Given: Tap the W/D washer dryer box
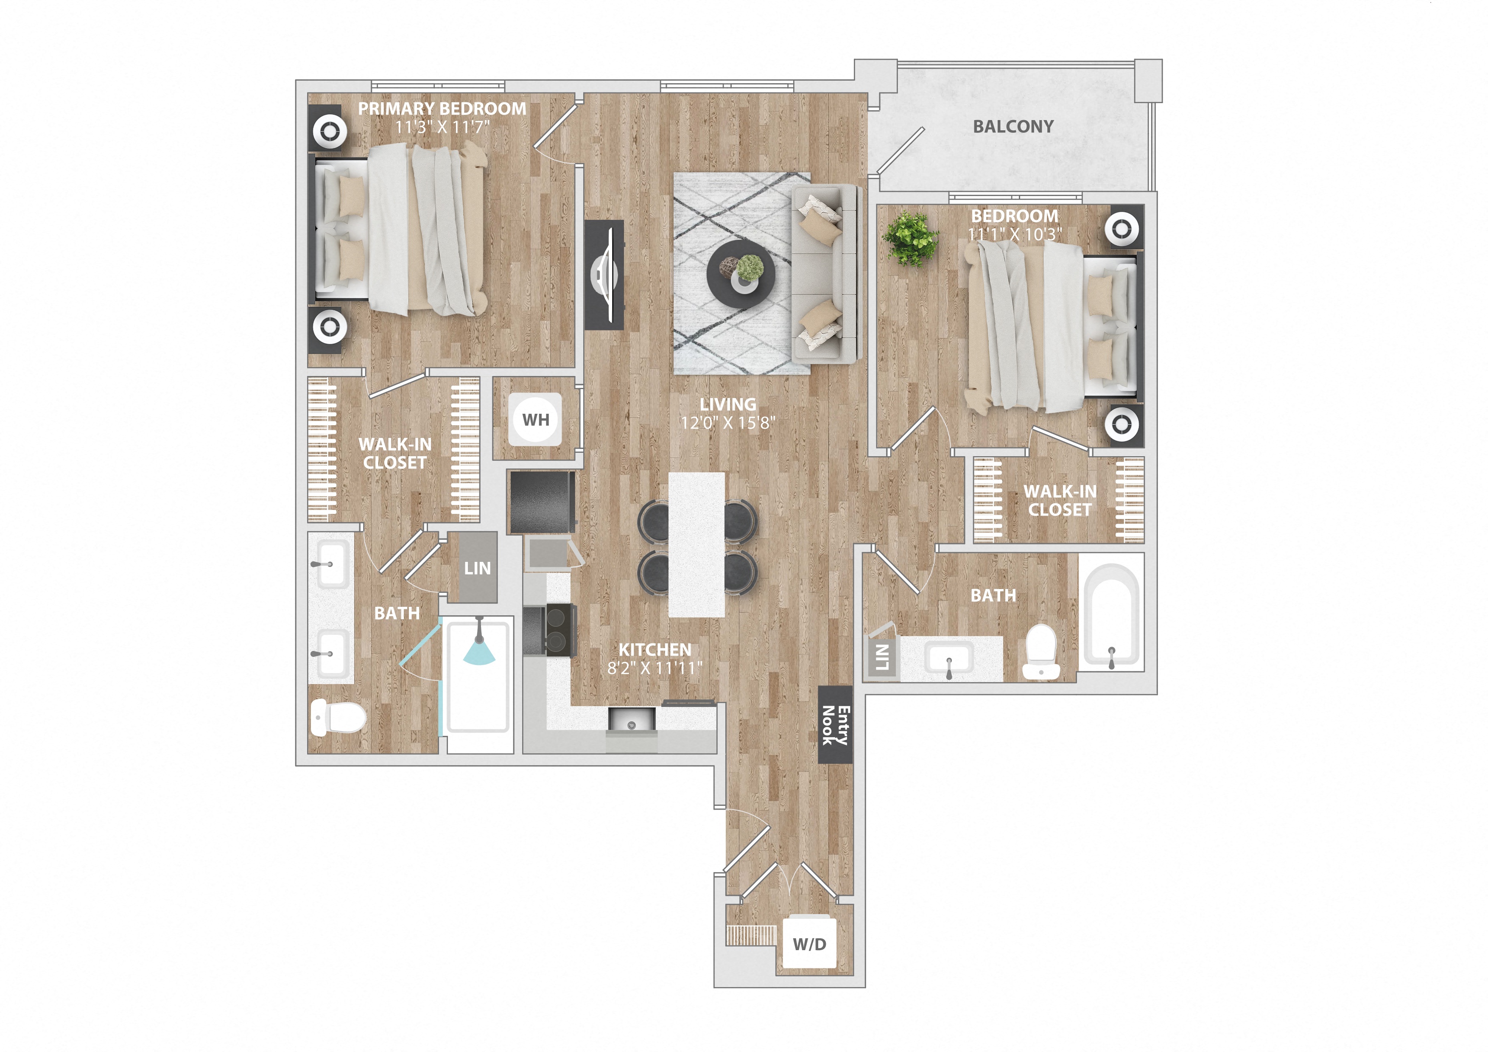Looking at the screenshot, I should click(x=809, y=944).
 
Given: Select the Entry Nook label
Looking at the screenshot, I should click(x=835, y=725).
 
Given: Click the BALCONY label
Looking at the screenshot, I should click(x=1013, y=126).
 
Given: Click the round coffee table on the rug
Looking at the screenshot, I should click(x=741, y=274).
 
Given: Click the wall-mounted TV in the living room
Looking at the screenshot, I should click(x=604, y=275).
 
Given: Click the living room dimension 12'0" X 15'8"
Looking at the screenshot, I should click(x=728, y=423).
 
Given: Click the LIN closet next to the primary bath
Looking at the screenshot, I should click(x=477, y=568).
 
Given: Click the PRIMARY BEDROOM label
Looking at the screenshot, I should click(x=442, y=108).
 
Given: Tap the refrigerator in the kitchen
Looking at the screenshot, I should click(x=542, y=502).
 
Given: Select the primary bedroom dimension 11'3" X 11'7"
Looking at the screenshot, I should click(x=442, y=127).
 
